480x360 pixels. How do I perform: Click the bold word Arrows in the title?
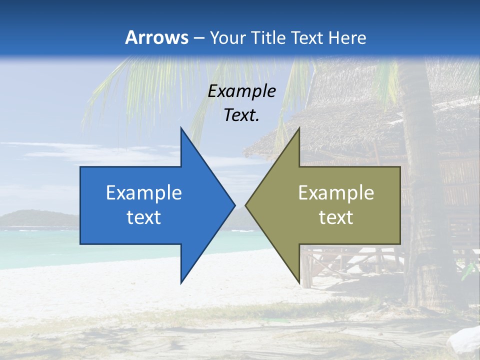point(156,37)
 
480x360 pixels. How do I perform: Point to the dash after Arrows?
point(198,38)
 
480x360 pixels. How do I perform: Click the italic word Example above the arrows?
point(242,91)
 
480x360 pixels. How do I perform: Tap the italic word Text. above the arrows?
point(242,115)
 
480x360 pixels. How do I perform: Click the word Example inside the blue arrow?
point(144,192)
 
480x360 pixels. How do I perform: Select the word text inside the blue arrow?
point(144,217)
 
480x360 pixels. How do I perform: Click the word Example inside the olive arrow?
point(336,192)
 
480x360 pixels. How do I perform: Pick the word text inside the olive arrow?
point(336,217)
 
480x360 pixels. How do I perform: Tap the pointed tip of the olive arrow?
point(246,205)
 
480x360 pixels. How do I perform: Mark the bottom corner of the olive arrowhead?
point(299,282)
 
